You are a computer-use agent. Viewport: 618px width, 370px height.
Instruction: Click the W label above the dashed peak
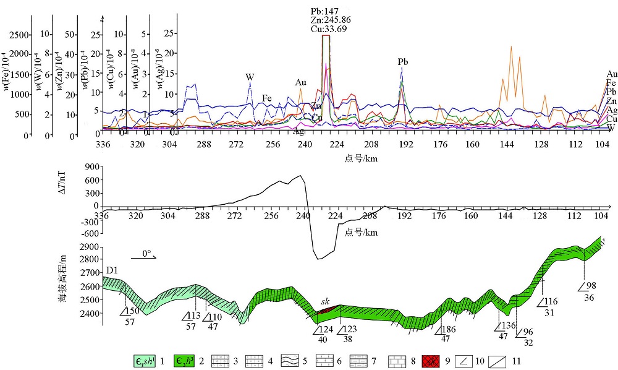pos(250,77)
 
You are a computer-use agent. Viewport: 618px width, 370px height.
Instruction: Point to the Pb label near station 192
pos(403,62)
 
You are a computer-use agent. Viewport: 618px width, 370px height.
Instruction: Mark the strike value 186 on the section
pos(451,329)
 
